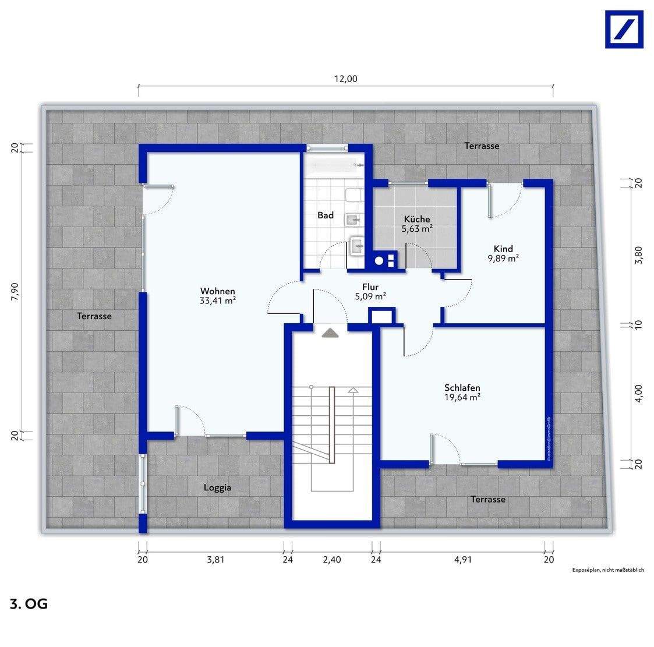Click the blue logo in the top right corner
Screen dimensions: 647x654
coord(624,29)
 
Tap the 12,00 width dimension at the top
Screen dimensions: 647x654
coord(345,80)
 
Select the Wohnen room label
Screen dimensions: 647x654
coord(217,291)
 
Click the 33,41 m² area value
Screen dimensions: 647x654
coord(217,301)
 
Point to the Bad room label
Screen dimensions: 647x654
coord(326,215)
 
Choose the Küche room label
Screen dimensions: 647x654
coord(416,220)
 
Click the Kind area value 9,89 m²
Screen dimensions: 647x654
coord(503,259)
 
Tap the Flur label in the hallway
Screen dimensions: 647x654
coord(370,287)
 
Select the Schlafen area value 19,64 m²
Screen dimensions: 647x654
coord(462,398)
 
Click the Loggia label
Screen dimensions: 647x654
coord(217,487)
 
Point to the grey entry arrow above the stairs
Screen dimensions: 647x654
coord(330,332)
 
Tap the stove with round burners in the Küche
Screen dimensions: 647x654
coord(385,261)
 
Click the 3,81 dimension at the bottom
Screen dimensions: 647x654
coord(215,560)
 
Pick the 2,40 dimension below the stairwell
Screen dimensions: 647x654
coord(332,560)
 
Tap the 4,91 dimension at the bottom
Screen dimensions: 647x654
coord(462,560)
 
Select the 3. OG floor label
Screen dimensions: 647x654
coord(29,604)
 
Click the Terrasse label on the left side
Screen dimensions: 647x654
coord(94,316)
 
